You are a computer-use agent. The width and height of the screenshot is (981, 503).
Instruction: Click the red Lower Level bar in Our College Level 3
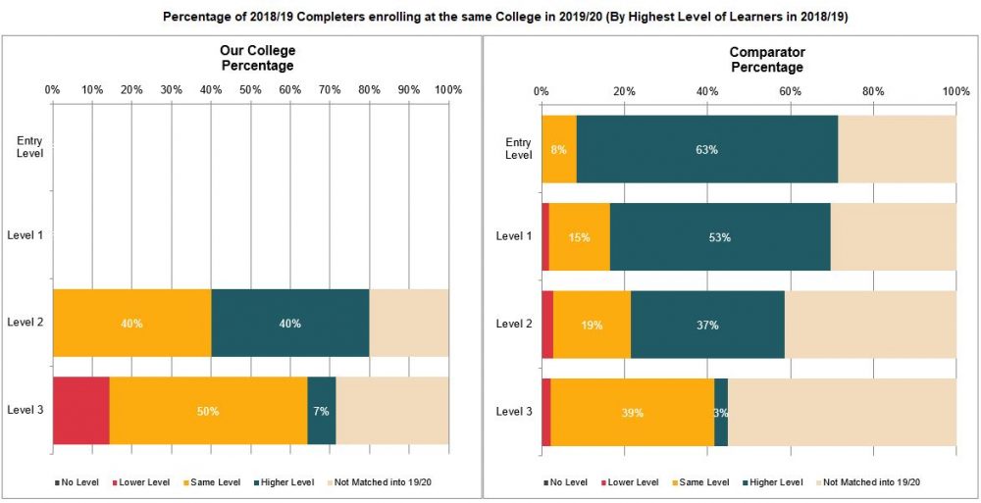pyautogui.click(x=81, y=411)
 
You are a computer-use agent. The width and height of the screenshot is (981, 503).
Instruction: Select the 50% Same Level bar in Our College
pyautogui.click(x=208, y=411)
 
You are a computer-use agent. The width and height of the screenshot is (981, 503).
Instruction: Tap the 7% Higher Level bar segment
pyautogui.click(x=321, y=411)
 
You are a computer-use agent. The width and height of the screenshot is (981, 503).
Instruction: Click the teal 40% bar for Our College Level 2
pyautogui.click(x=289, y=324)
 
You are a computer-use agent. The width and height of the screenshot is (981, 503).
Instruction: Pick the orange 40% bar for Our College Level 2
pyautogui.click(x=131, y=324)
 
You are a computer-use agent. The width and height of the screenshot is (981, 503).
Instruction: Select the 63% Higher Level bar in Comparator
pyautogui.click(x=706, y=149)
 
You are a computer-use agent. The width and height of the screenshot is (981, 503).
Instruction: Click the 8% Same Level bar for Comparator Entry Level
pyautogui.click(x=559, y=149)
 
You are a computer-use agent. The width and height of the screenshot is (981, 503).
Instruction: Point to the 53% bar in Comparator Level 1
pyautogui.click(x=719, y=237)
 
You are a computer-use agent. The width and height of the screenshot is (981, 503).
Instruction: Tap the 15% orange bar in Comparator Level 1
pyautogui.click(x=580, y=237)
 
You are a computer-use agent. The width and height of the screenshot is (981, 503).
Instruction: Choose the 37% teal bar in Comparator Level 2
pyautogui.click(x=706, y=325)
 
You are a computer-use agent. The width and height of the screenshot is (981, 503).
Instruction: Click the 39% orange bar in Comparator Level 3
pyautogui.click(x=633, y=412)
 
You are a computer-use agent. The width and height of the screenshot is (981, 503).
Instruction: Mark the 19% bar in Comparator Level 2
pyautogui.click(x=592, y=325)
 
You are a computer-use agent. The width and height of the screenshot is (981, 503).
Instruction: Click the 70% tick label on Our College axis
pyautogui.click(x=330, y=89)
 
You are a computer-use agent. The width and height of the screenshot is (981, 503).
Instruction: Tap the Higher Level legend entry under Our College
pyautogui.click(x=288, y=481)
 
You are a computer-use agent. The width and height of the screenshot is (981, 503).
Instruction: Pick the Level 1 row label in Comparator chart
pyautogui.click(x=514, y=236)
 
